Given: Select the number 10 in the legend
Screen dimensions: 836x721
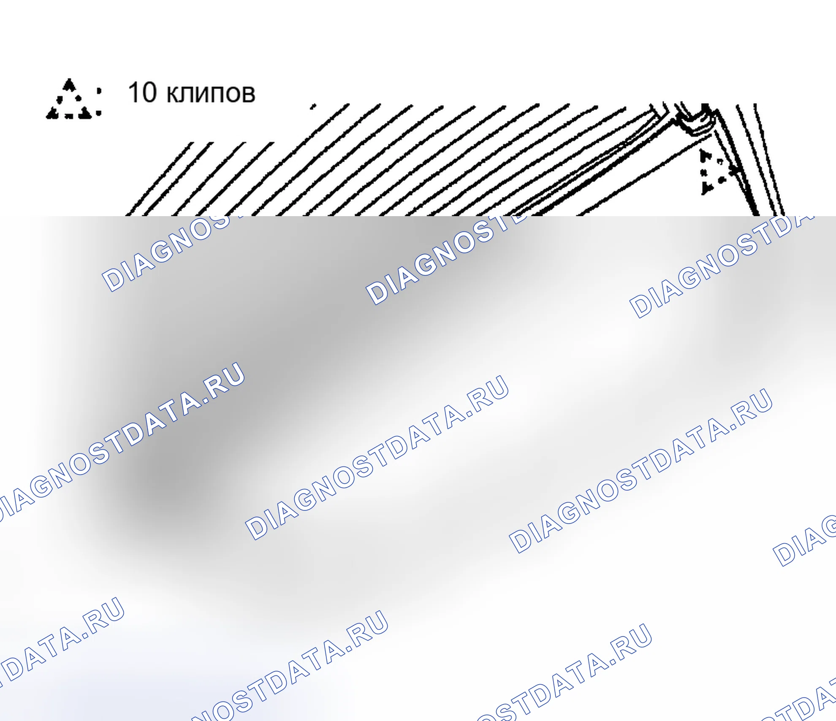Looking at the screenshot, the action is pyautogui.click(x=142, y=92).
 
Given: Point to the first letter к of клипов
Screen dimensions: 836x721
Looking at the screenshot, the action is pyautogui.click(x=173, y=94).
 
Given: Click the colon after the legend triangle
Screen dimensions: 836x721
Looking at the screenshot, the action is pyautogui.click(x=99, y=101).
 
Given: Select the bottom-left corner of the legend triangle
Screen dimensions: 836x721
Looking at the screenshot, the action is pyautogui.click(x=47, y=117).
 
